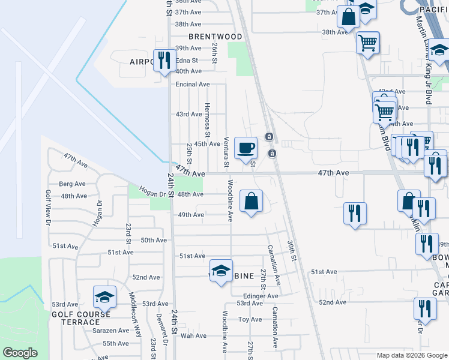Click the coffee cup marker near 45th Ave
coord(245,148)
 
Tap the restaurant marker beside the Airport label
coord(162,60)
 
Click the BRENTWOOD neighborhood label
coord(215,37)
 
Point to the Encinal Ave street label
coord(193,85)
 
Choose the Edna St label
coord(187,61)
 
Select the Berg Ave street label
coord(69,184)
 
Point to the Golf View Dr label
coord(48,208)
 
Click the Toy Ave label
coord(250,320)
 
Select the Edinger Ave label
coord(261,296)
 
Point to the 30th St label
coord(292,251)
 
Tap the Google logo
coord(20,353)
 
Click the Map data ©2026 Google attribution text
coord(411,355)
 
